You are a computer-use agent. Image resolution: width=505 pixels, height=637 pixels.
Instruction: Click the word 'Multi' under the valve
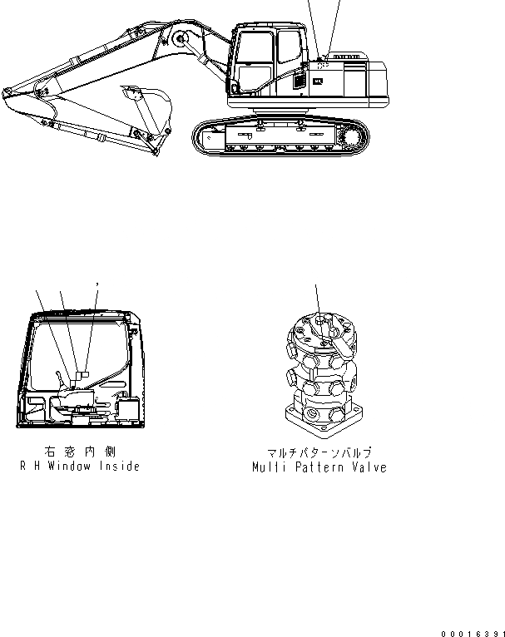tap(268, 467)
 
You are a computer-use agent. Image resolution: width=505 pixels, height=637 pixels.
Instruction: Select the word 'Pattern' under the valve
tap(314, 467)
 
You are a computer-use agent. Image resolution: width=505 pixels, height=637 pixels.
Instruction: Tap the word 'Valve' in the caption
tap(366, 467)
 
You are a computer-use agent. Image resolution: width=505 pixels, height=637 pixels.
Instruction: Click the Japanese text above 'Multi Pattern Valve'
tap(319, 454)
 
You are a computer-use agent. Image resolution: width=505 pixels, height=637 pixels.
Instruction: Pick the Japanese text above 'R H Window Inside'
tap(80, 453)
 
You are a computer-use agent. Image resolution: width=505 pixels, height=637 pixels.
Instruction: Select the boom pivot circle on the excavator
tap(179, 39)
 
